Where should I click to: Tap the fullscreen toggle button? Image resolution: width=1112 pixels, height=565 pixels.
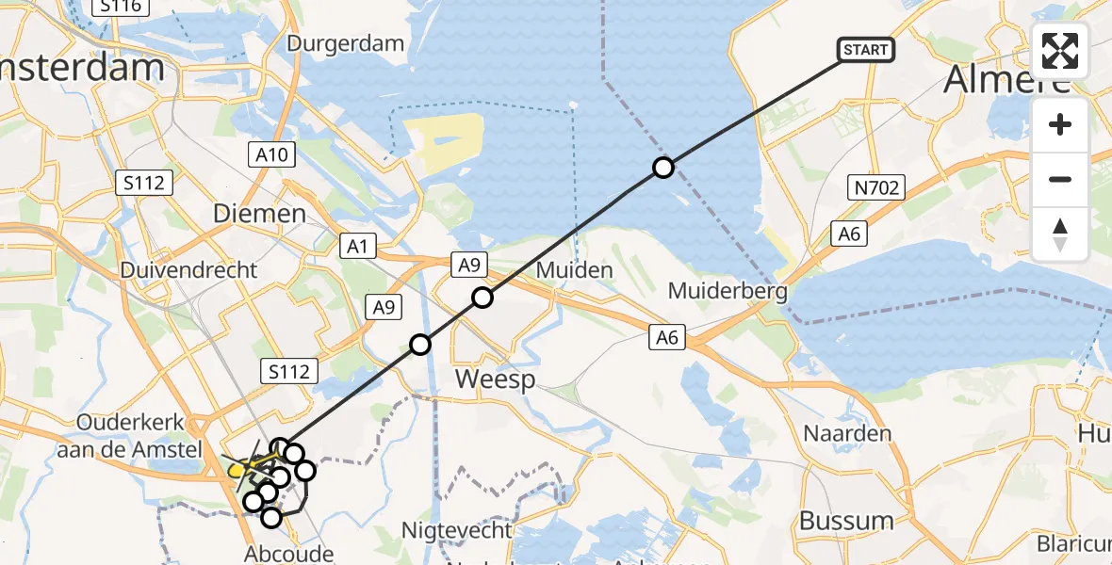[1060, 51]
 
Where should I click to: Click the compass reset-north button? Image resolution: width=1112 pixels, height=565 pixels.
[1060, 234]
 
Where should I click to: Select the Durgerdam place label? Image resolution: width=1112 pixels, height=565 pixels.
[346, 43]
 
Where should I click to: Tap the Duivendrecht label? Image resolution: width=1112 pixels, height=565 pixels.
[188, 270]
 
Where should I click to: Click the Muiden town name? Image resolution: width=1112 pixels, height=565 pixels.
[574, 270]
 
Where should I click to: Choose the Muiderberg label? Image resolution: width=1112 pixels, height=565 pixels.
[728, 291]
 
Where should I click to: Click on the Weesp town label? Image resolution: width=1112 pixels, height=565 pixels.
[495, 379]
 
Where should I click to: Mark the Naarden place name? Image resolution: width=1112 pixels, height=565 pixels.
[847, 434]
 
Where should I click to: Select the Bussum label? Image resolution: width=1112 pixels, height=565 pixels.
[846, 520]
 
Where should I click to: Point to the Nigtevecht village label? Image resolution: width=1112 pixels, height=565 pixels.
[457, 530]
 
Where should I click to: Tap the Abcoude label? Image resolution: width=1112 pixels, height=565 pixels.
[289, 553]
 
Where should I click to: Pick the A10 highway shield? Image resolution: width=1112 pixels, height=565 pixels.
[274, 154]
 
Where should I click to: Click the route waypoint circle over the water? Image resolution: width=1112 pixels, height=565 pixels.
[663, 168]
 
